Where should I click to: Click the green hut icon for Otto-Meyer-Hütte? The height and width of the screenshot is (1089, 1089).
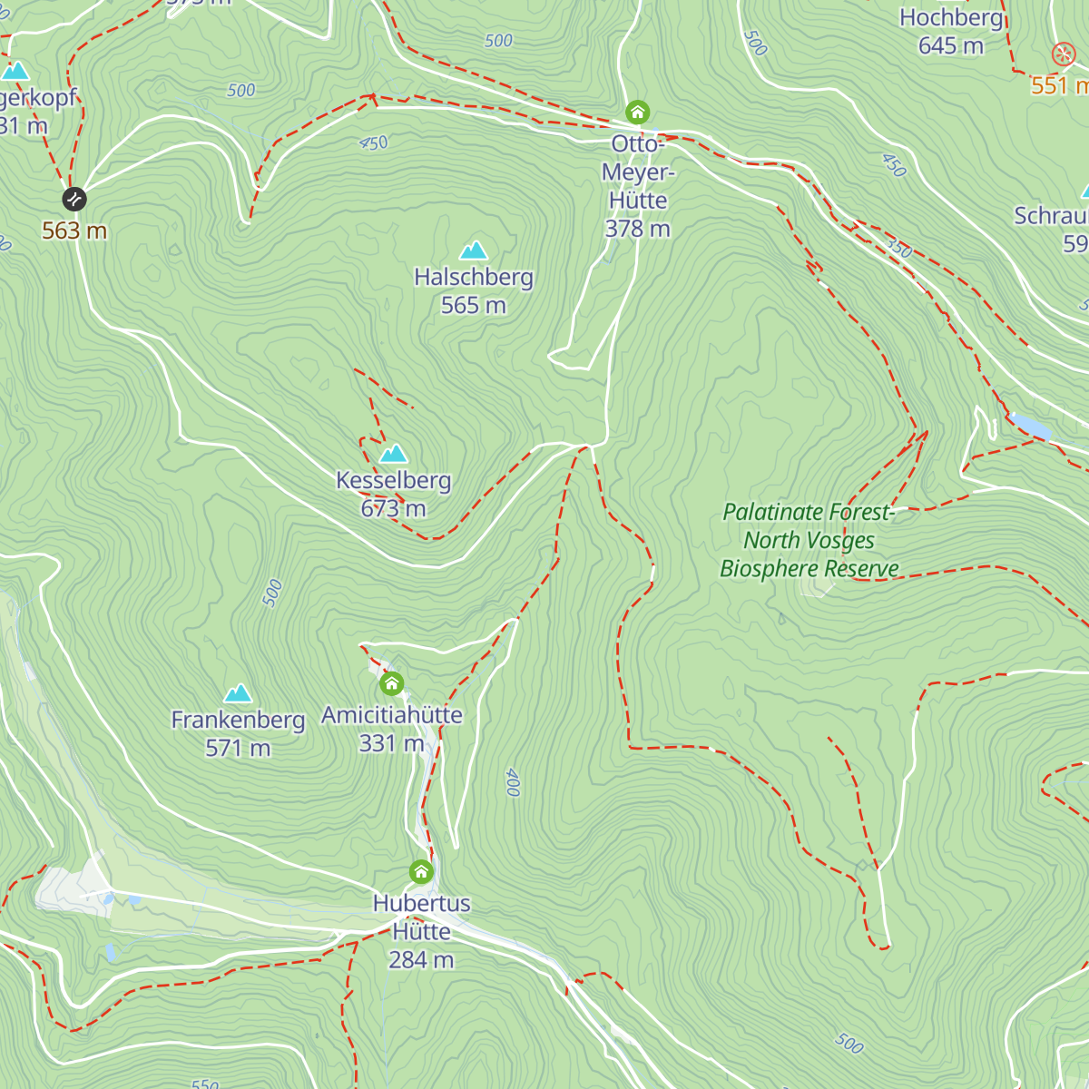tap(638, 113)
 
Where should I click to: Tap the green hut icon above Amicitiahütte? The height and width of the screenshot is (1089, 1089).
tap(391, 683)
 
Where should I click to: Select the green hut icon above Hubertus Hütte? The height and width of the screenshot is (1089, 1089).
tap(421, 872)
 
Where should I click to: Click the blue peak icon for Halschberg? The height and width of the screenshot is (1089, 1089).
tap(474, 250)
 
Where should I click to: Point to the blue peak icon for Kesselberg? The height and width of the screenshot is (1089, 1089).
tap(393, 453)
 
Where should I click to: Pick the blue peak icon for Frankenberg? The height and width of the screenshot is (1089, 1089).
tap(238, 694)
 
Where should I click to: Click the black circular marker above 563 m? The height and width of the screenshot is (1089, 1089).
tap(74, 198)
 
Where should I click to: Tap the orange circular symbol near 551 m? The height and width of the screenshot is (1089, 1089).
tap(1063, 54)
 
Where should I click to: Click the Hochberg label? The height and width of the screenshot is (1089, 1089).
tap(951, 17)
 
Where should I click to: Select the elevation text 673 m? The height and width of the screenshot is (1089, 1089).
tap(393, 508)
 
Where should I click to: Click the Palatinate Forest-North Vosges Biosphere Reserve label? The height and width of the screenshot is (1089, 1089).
tap(809, 540)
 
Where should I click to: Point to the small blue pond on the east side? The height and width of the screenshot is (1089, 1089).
tap(1031, 424)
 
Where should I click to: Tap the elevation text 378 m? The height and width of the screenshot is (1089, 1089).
tap(637, 229)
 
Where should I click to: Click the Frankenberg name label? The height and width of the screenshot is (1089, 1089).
tap(238, 720)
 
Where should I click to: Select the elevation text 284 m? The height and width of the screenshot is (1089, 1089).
tap(421, 959)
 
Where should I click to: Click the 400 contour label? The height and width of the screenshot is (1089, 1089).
tap(513, 781)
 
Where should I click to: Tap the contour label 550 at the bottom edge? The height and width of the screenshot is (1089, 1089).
tap(205, 1083)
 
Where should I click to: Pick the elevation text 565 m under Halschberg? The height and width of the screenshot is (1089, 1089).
tap(473, 305)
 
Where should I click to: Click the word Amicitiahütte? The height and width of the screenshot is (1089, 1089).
tap(392, 715)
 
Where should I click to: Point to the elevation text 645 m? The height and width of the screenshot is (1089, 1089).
tap(950, 45)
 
